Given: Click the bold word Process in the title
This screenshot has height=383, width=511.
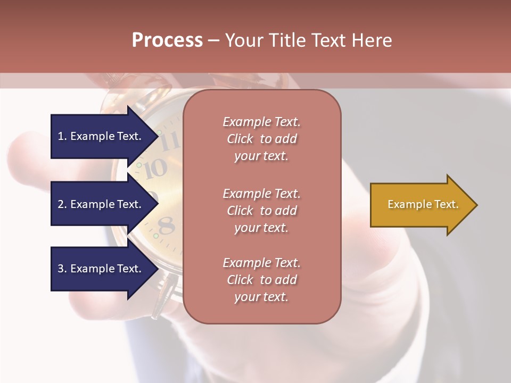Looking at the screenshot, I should (x=167, y=40).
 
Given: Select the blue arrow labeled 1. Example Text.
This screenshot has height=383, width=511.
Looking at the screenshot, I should (x=101, y=136).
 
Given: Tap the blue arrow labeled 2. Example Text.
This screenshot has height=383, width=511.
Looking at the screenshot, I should (x=101, y=204).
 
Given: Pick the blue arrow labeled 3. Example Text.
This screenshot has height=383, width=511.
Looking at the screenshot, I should (x=101, y=269).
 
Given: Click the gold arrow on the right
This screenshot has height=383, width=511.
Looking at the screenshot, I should (x=421, y=205).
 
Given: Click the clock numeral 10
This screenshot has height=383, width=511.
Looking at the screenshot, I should (x=156, y=169).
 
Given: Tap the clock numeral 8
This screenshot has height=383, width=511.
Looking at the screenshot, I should (x=167, y=226).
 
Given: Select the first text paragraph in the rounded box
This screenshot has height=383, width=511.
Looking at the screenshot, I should (x=261, y=139).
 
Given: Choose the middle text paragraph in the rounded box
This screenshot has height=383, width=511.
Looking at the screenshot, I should (x=261, y=211).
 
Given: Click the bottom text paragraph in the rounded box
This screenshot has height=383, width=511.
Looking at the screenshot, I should (x=261, y=280).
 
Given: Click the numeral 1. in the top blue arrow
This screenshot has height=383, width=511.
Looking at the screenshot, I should (x=62, y=136).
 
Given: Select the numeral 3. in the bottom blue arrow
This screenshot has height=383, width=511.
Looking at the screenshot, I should (x=62, y=269).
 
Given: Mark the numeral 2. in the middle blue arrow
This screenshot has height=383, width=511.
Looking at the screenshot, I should (x=62, y=204).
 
